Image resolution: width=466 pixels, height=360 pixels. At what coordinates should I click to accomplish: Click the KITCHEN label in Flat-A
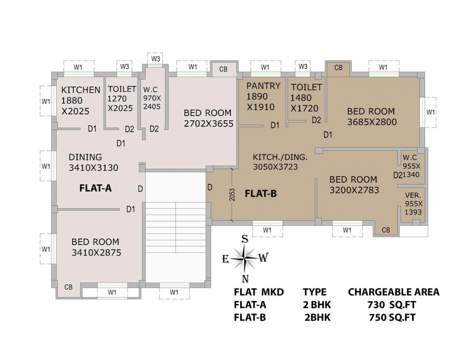80,90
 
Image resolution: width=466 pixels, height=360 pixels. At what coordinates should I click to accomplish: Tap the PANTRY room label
263,86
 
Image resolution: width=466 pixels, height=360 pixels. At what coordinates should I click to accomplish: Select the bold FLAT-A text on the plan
95,188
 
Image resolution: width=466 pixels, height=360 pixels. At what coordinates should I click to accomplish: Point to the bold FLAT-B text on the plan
261,194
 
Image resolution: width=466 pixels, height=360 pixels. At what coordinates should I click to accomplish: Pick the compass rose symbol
245,258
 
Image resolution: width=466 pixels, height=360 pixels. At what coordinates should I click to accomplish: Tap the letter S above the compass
245,239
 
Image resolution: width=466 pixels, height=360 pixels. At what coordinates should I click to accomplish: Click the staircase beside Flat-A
175,228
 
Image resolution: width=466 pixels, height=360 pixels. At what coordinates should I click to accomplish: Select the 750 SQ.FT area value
392,317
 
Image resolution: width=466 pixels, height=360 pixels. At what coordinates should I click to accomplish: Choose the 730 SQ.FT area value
392,305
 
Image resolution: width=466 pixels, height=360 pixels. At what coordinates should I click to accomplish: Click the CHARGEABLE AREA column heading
393,292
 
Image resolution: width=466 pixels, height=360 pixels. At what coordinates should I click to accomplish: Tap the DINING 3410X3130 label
93,162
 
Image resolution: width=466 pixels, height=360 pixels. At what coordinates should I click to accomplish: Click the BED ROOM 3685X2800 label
371,117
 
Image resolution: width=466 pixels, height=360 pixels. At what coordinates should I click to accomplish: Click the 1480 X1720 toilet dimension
304,103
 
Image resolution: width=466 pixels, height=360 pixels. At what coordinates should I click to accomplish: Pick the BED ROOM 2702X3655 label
208,118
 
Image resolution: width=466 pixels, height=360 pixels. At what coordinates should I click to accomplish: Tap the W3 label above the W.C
156,59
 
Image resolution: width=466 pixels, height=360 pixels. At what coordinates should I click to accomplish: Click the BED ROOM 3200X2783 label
354,185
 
